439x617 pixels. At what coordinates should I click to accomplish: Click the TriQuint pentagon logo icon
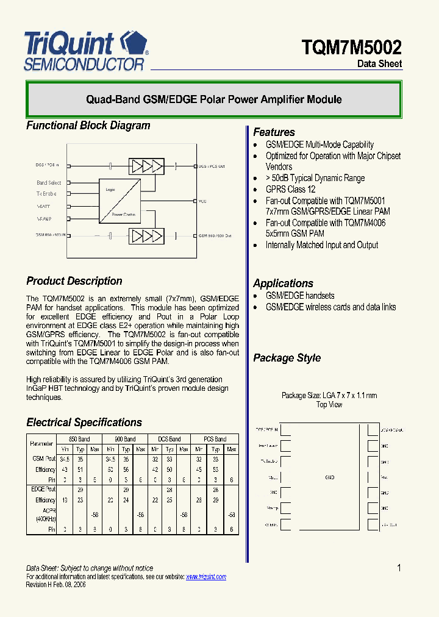click(x=134, y=44)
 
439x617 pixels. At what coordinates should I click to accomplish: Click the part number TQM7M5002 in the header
click(x=352, y=48)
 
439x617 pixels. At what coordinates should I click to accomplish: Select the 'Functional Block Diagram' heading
click(x=88, y=126)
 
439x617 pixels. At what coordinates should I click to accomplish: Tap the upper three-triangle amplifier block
click(x=146, y=166)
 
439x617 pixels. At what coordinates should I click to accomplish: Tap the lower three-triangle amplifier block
click(x=146, y=235)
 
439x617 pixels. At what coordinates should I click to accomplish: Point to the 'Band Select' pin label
click(x=49, y=183)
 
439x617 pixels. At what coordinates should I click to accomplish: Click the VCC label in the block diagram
click(x=202, y=201)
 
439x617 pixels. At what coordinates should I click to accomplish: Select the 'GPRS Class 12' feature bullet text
click(x=290, y=190)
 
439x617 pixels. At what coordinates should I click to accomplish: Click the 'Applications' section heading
click(x=283, y=284)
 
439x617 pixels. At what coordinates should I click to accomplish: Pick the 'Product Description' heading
click(x=74, y=281)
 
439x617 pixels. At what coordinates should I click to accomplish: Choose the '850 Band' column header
click(x=79, y=439)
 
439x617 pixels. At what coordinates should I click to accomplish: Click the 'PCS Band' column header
click(x=215, y=439)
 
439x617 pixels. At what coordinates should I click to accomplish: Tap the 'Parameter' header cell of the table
click(x=41, y=444)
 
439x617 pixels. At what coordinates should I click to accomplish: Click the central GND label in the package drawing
click(x=329, y=477)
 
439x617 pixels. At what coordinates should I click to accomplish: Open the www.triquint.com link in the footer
click(x=205, y=577)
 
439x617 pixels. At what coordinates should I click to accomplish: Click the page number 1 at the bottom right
click(x=399, y=568)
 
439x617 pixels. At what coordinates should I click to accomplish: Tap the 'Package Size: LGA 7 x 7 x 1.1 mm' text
click(x=329, y=396)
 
